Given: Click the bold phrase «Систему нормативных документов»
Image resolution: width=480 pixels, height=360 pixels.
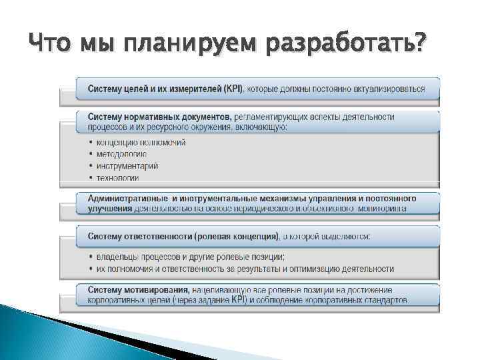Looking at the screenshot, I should (159, 117).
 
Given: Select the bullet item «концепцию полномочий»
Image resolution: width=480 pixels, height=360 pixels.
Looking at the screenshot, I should (141, 143).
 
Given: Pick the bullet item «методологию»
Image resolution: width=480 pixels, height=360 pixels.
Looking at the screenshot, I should (121, 154).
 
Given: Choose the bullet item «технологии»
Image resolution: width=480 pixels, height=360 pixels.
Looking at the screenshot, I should (117, 177).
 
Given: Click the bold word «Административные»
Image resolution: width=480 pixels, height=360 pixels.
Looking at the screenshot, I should (126, 199).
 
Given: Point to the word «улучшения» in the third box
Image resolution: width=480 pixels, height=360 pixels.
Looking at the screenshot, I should (109, 208).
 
